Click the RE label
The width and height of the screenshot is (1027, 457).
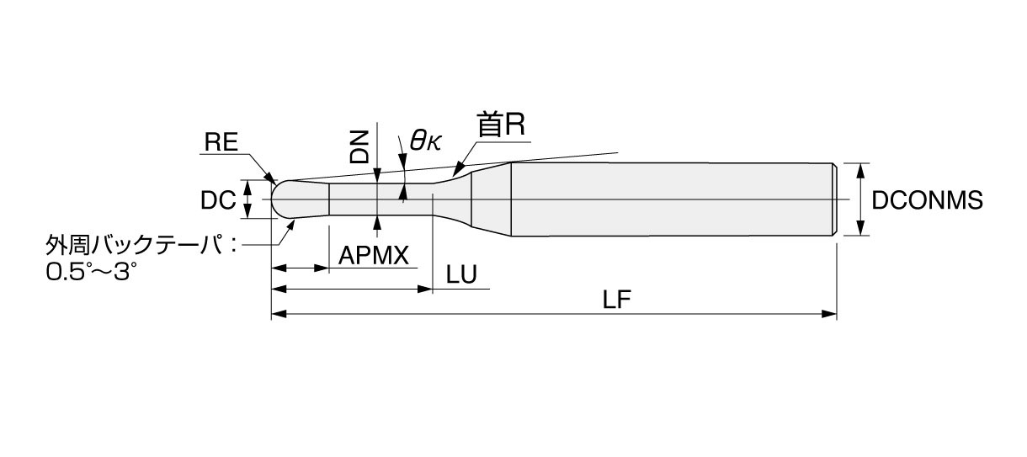(221, 141)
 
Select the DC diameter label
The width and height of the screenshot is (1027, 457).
(218, 200)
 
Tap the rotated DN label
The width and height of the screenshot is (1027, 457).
(359, 146)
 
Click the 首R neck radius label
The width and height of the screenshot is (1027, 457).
(501, 125)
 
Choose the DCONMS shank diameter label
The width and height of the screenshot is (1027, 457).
(927, 200)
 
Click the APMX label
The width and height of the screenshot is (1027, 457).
(374, 255)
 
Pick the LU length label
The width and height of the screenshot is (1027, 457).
(461, 274)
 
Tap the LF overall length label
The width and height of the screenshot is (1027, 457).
(617, 300)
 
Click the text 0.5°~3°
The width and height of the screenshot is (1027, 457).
(91, 272)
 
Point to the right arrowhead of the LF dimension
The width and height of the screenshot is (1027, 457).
(830, 314)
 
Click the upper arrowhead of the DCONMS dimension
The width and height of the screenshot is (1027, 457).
(860, 171)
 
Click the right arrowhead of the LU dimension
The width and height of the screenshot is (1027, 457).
(425, 289)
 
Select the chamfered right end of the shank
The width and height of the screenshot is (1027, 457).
(835, 199)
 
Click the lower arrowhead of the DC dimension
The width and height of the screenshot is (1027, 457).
(247, 211)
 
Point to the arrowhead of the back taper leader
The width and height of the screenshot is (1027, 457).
(290, 226)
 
